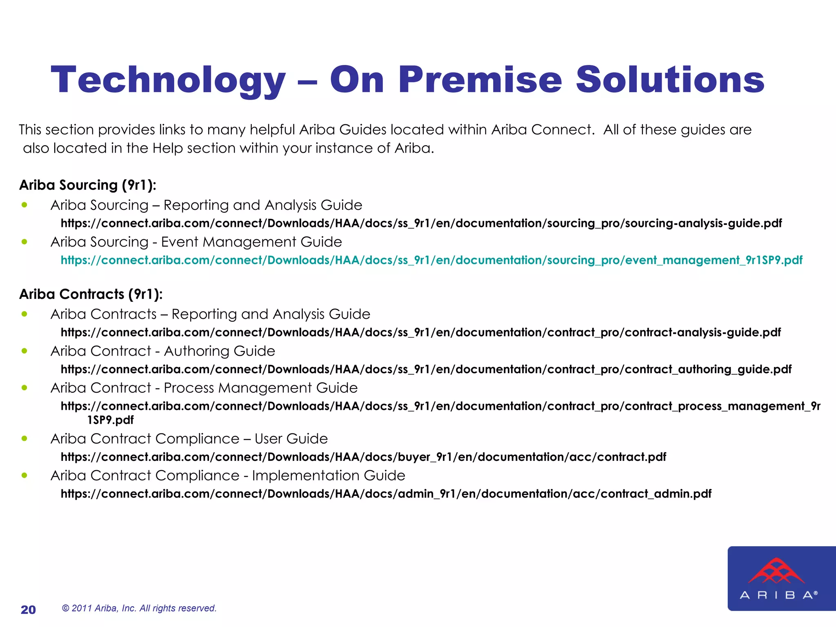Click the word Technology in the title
click(168, 80)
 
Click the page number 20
click(28, 609)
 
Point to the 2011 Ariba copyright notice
click(139, 608)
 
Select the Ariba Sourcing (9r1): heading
click(88, 185)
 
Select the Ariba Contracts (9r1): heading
click(91, 294)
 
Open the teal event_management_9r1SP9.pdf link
click(431, 260)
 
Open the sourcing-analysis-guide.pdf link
click(421, 223)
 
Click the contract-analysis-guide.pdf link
click(420, 332)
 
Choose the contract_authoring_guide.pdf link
click(426, 369)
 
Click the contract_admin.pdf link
click(386, 494)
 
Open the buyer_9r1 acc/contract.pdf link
click(363, 457)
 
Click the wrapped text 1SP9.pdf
click(110, 420)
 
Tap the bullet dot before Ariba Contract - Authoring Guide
click(24, 351)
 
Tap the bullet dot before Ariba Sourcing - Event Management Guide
click(24, 242)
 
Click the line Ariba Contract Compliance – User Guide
click(189, 438)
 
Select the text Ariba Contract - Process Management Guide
click(204, 387)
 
